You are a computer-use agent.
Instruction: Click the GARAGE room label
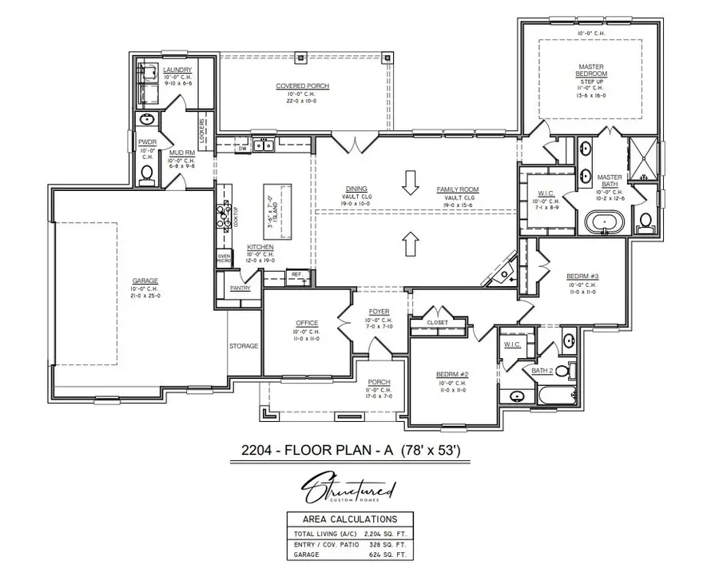[x=145, y=281]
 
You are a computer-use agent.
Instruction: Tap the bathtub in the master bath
[x=604, y=221]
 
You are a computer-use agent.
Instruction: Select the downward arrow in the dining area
[x=411, y=183]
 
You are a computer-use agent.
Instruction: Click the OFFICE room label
[x=306, y=323]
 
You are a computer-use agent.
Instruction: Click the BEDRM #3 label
[x=581, y=277]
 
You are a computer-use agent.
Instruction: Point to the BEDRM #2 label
[x=451, y=374]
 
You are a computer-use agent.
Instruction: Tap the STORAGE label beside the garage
[x=244, y=346]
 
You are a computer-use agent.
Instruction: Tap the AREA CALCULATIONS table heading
[x=353, y=519]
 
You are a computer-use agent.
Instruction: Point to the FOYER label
[x=379, y=312]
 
